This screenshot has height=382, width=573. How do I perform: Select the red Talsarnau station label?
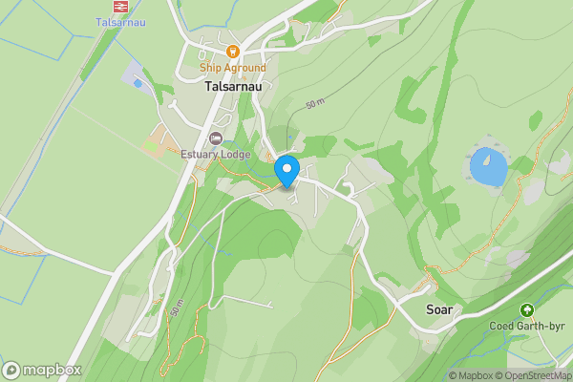pos(120,22)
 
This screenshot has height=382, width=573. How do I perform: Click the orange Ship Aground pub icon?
pos(232,52)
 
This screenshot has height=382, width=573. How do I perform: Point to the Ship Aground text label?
pos(232,68)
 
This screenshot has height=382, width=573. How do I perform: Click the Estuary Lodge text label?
pos(216,155)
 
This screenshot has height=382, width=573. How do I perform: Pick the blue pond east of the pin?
pos(488,168)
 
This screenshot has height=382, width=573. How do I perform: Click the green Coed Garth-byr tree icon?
pos(526,310)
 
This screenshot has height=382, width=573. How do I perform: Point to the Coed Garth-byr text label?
pos(526,327)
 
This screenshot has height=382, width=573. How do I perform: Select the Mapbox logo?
pos(43,370)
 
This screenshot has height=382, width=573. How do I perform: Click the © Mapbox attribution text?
pos(472,375)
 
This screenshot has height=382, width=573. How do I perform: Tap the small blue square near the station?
pos(138,84)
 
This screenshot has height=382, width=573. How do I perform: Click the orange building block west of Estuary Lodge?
pos(155,145)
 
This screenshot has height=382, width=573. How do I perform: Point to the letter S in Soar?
pos(429,310)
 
